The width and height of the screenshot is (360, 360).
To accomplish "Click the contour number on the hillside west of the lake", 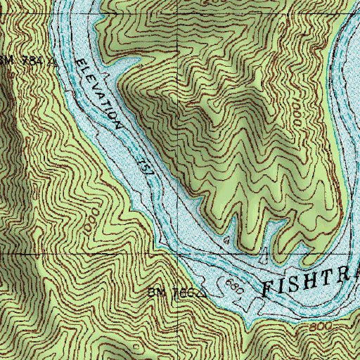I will (89, 219).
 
